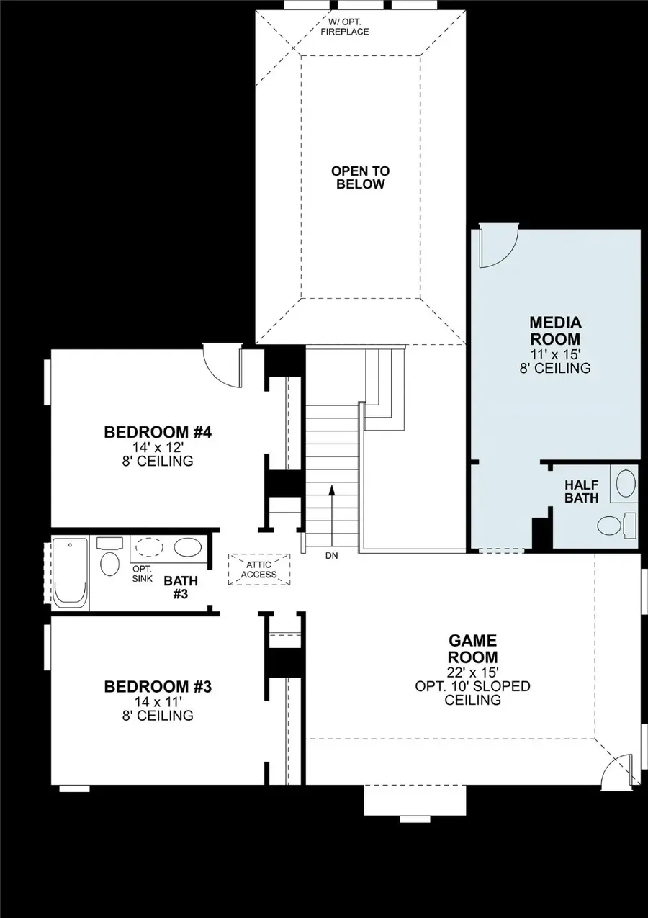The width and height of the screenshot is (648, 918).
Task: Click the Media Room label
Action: pos(555,330)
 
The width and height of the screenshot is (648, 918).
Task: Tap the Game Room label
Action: pos(472,648)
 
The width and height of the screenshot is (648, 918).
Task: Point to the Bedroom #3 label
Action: pos(158,686)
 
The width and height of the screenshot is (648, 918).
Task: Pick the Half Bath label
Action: pos(581,491)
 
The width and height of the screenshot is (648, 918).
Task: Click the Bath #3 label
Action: pos(180,587)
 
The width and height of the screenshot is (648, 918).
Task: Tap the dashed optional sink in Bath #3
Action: pos(149,547)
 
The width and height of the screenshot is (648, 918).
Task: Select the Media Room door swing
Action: pos(498,246)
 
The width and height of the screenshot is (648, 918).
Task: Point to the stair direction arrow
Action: pos(332,511)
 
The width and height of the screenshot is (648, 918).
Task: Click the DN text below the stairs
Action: pos(332,556)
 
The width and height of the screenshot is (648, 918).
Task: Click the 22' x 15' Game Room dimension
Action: pos(472,672)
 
